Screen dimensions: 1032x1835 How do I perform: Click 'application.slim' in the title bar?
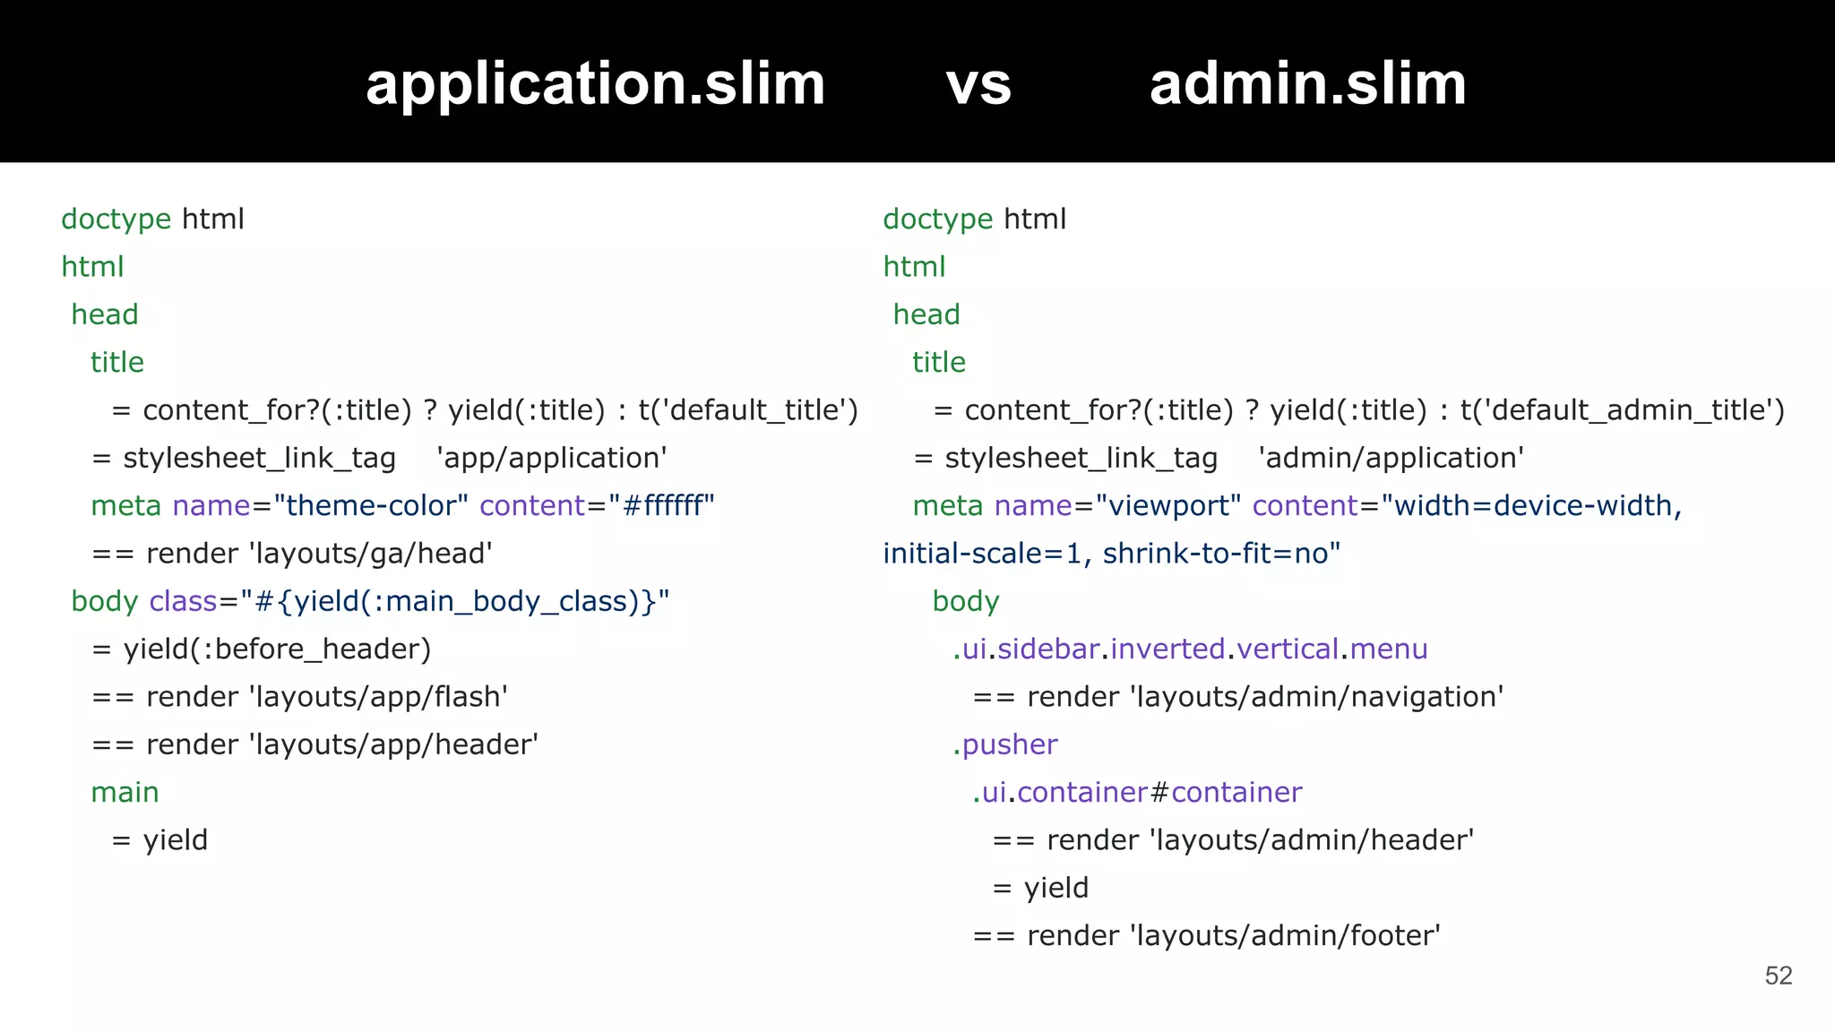pyautogui.click(x=595, y=84)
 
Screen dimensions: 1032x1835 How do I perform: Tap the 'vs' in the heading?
pyautogui.click(x=978, y=84)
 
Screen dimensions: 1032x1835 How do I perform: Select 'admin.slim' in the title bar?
pyautogui.click(x=1307, y=84)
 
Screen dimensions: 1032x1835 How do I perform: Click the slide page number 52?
pyautogui.click(x=1778, y=976)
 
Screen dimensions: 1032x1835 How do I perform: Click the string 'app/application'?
pyautogui.click(x=551, y=458)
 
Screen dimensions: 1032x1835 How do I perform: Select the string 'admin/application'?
pyautogui.click(x=1391, y=458)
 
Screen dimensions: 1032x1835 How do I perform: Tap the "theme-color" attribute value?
pyautogui.click(x=371, y=506)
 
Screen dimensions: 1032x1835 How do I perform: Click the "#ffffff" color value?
pyautogui.click(x=661, y=506)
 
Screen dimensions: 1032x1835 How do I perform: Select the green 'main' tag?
pyautogui.click(x=125, y=793)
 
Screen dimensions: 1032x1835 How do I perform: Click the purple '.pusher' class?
pyautogui.click(x=1005, y=745)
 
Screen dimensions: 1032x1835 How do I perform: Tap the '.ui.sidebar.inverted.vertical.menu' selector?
pyautogui.click(x=1190, y=649)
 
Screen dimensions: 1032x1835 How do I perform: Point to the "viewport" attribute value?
pyautogui.click(x=1167, y=506)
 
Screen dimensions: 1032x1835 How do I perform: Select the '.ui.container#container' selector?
pyautogui.click(x=1137, y=793)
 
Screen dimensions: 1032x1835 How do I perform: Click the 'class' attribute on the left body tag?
pyautogui.click(x=183, y=601)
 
